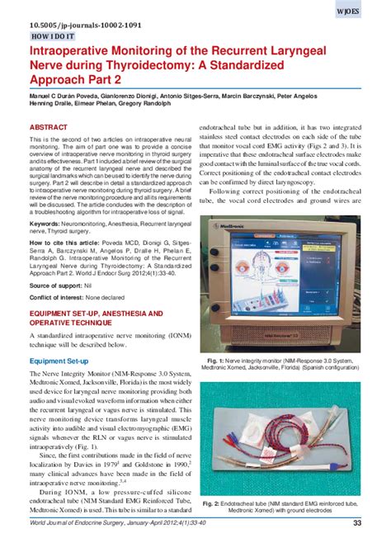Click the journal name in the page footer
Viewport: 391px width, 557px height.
(82, 545)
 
